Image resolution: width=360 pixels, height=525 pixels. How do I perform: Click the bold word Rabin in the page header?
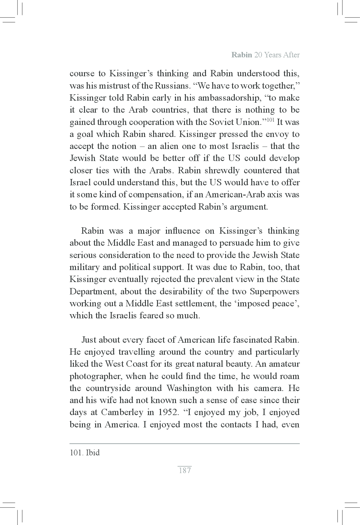click(x=241, y=55)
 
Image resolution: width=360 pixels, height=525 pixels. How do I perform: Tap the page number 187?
click(x=185, y=470)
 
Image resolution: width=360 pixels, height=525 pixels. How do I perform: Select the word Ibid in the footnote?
click(x=93, y=453)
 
